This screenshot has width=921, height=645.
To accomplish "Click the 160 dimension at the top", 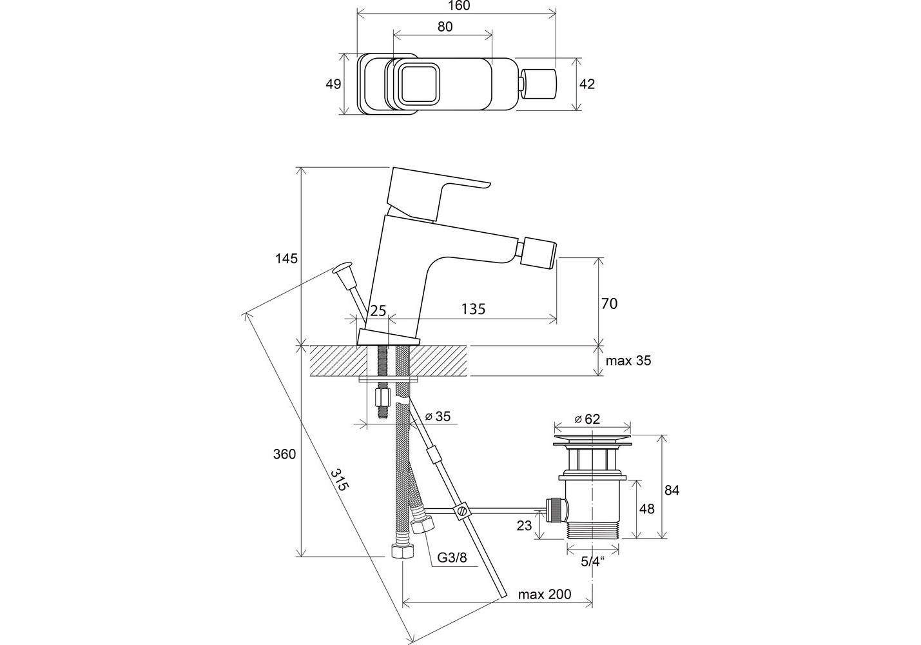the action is click(458, 6).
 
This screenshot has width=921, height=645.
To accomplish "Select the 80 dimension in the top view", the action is click(445, 26).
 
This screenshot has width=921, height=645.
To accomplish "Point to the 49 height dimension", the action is click(333, 84).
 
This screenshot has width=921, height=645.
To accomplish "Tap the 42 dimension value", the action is click(587, 84).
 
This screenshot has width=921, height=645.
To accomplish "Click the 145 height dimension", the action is click(286, 259).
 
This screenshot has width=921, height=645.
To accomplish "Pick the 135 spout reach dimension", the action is click(473, 309).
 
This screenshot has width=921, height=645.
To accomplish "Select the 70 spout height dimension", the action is click(609, 304).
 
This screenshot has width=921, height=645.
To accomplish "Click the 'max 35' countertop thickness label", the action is click(628, 361).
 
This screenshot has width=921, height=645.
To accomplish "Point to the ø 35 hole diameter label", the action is click(438, 417).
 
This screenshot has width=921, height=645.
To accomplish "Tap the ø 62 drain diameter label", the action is click(587, 419).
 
